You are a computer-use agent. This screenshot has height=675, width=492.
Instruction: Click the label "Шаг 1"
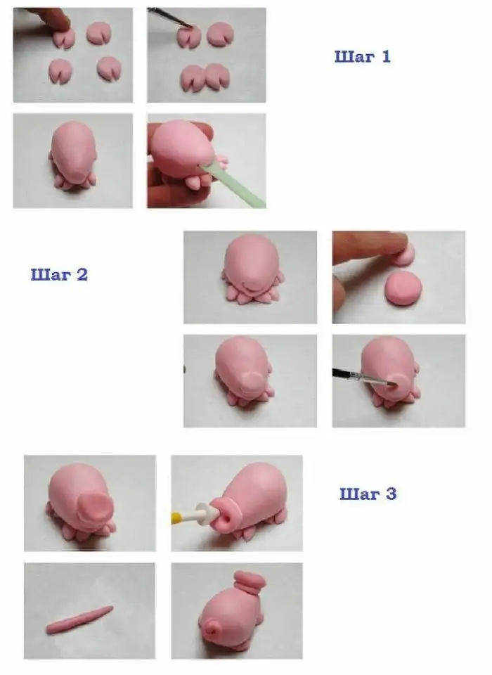click(363, 57)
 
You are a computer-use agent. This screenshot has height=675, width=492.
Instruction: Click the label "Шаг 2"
click(59, 274)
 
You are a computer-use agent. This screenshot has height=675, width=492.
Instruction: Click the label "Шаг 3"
click(368, 494)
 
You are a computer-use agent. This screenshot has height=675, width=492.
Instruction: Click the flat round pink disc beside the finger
click(403, 288)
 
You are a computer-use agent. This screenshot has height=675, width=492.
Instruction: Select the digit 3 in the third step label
click(391, 494)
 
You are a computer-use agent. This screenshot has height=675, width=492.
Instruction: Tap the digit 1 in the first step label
click(386, 57)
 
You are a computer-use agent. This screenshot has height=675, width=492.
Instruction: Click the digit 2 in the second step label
click(82, 274)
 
